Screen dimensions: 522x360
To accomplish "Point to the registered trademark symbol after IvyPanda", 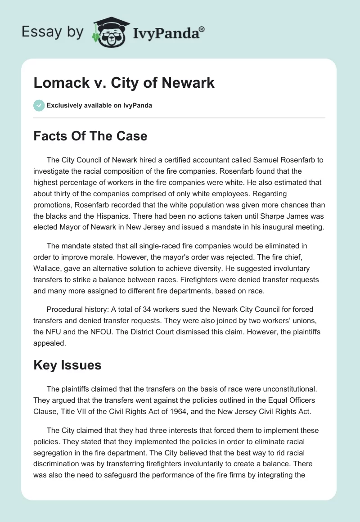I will coord(202,29).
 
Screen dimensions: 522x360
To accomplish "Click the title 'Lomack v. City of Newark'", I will coord(124,83).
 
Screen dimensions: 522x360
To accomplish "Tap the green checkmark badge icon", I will coord(39,105).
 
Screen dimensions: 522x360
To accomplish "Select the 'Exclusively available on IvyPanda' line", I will coord(99,105).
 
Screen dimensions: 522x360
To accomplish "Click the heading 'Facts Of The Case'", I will coord(90,135).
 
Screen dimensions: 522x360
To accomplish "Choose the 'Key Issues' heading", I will coord(67,365).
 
